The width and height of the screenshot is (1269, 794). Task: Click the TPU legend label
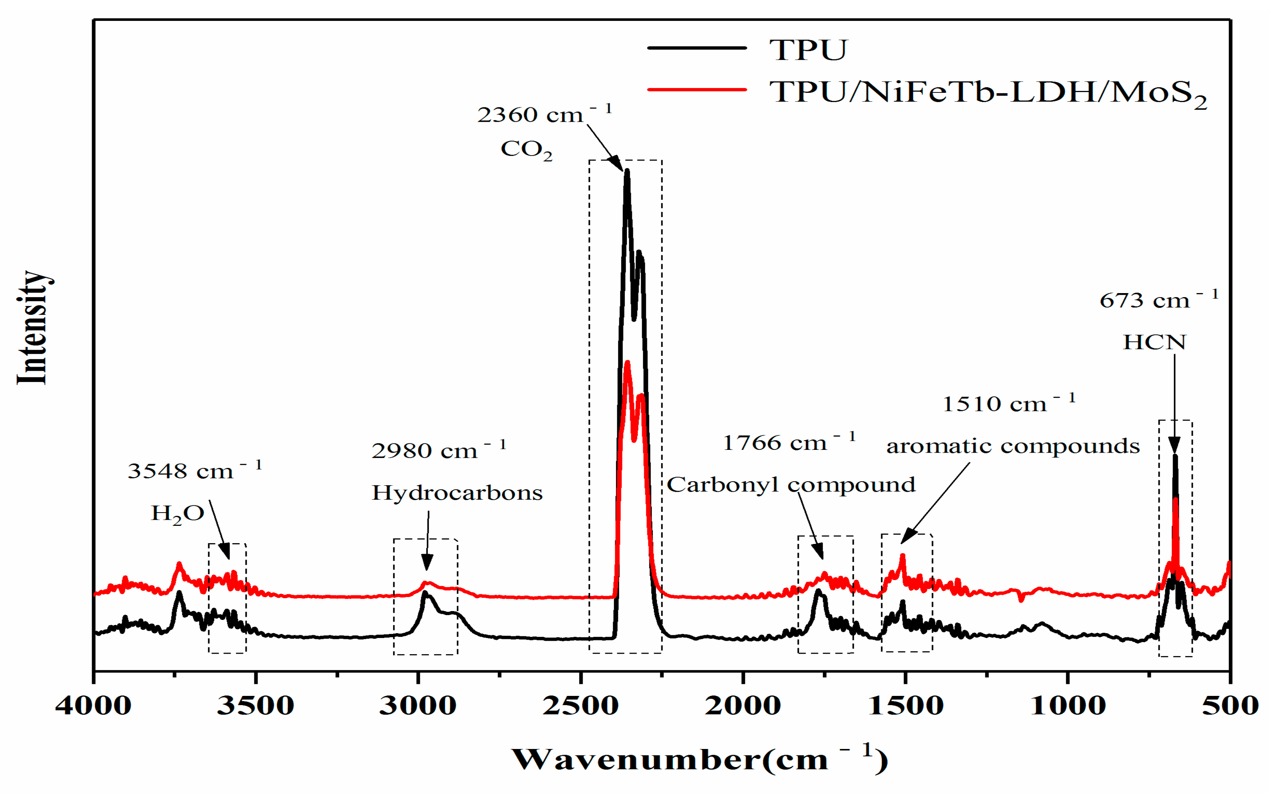pos(808,50)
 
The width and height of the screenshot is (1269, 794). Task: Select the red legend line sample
pos(696,90)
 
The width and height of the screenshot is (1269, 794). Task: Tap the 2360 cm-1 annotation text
pos(544,114)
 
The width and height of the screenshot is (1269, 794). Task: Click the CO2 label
pos(526,149)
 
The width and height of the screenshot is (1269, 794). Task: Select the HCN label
pos(1154,343)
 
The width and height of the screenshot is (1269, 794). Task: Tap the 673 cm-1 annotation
pos(1158,300)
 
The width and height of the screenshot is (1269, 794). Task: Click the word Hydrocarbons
pos(456,492)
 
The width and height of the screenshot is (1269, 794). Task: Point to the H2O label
pos(177,513)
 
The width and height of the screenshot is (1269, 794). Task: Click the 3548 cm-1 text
pos(194,470)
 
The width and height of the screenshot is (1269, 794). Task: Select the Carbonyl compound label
pos(791,484)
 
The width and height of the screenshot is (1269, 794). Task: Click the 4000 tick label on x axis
pos(93,705)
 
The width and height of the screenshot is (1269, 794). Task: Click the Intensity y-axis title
pos(33,328)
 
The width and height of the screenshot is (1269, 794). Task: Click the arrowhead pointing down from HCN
pos(1174,446)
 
